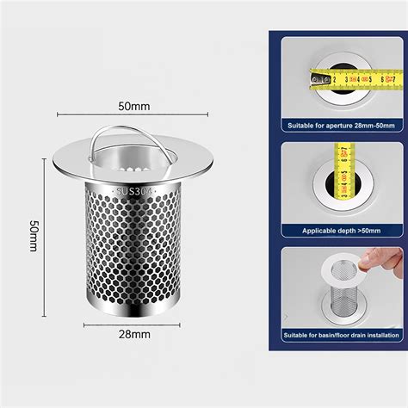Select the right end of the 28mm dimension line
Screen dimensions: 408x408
[x=182, y=325]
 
